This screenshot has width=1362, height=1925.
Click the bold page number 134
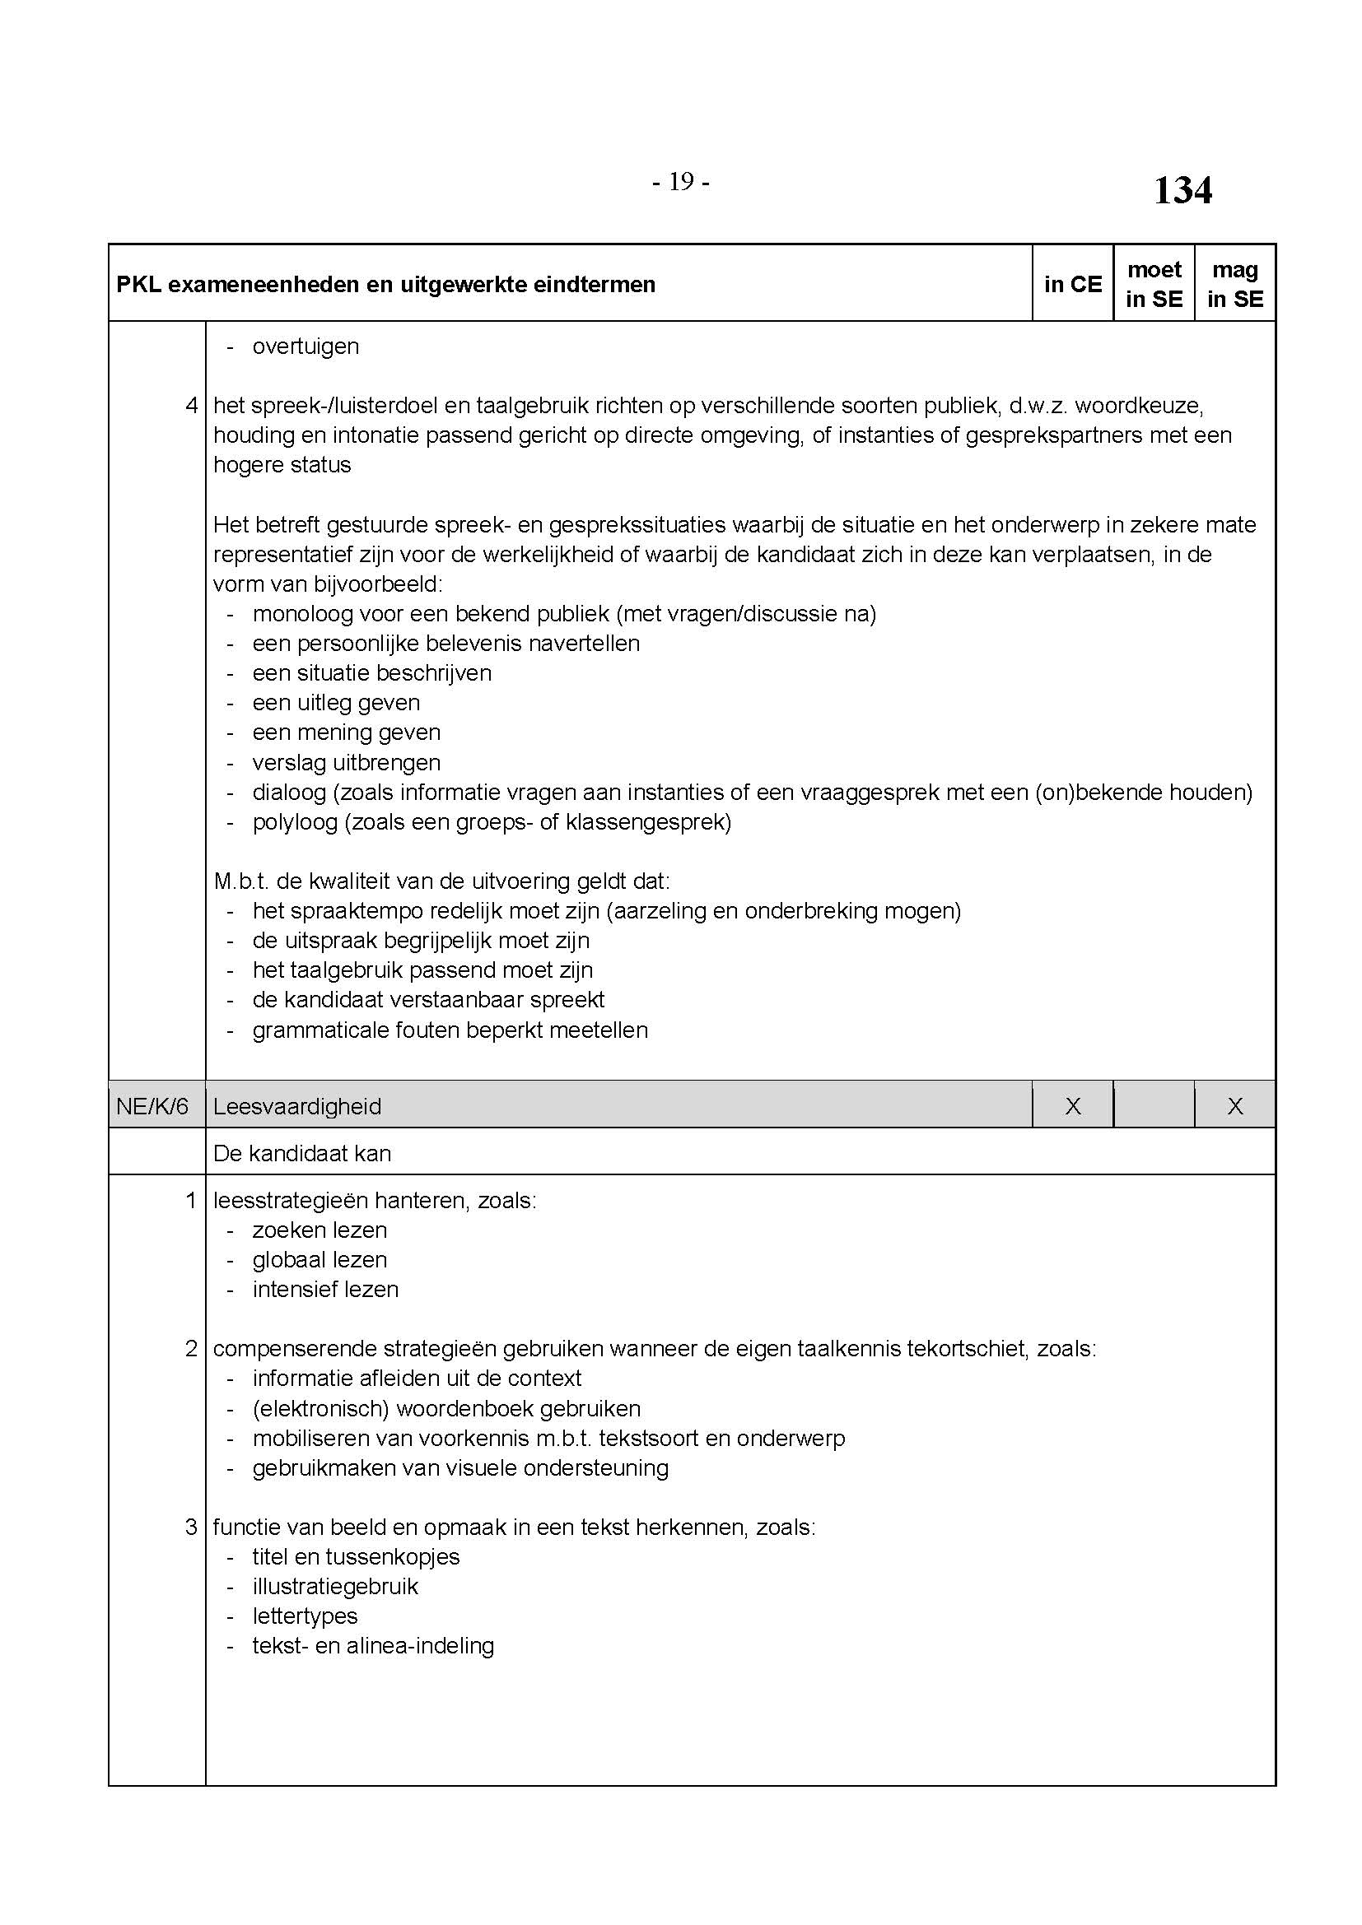pos(1182,190)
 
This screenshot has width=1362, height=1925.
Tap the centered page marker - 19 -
pos(680,181)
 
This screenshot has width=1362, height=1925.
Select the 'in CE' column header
pos(1072,284)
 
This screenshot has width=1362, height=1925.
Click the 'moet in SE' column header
pos(1153,284)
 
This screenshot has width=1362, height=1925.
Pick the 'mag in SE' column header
pos(1234,284)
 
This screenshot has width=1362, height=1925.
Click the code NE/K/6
pos(152,1106)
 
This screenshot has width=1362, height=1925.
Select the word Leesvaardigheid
pos(297,1106)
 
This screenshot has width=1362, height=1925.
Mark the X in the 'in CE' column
pos(1072,1106)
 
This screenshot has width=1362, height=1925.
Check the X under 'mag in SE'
pos(1234,1106)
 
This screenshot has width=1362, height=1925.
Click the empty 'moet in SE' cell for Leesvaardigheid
pos(1153,1106)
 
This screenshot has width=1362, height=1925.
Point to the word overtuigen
pos(306,346)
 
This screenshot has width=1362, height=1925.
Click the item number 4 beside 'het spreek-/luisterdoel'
pos(191,406)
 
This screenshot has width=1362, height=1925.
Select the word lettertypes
pos(305,1616)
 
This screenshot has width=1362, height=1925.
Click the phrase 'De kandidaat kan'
pos(302,1154)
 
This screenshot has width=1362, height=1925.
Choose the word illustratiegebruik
pos(334,1586)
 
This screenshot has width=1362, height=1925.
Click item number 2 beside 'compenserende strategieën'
pos(191,1349)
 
